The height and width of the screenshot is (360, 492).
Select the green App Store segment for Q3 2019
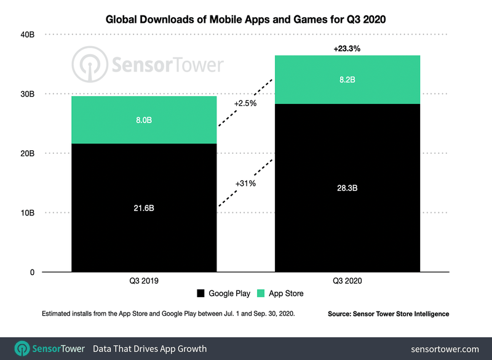click(144, 120)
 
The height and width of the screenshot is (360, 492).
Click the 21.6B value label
click(144, 208)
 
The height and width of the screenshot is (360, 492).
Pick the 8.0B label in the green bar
click(144, 120)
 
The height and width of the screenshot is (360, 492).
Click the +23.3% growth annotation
click(347, 47)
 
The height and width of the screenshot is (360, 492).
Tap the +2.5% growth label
click(245, 104)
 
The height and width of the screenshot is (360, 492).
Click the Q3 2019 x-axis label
click(144, 281)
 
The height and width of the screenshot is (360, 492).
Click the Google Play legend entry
click(224, 294)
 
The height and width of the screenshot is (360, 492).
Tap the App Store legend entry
click(280, 294)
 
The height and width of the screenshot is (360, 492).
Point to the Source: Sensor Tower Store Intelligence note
click(388, 314)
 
